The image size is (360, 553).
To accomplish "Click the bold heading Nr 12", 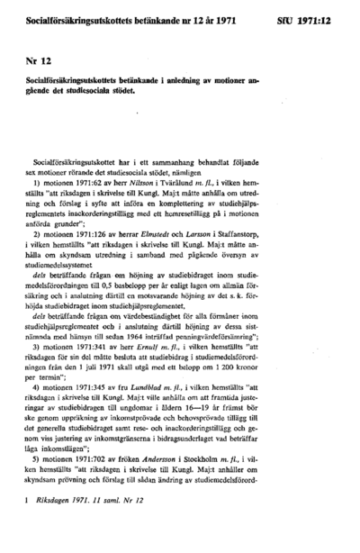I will pyautogui.click(x=39, y=59).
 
